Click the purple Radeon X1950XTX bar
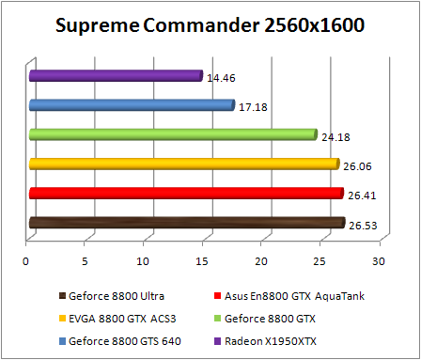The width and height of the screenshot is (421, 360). point(115,75)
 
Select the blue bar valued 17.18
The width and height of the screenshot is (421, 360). point(131,105)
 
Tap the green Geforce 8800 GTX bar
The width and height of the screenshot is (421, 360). point(172,134)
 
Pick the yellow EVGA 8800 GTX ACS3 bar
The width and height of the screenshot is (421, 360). point(183,164)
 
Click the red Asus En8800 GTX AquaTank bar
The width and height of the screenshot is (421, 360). point(185,194)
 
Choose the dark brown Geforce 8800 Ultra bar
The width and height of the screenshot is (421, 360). point(186,223)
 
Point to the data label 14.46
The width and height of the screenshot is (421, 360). point(220,77)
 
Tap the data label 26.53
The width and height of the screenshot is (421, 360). point(362,226)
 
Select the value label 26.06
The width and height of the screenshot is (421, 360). point(355,166)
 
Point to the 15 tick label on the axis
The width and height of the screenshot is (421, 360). point(202,260)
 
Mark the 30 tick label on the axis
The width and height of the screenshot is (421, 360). point(379,260)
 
